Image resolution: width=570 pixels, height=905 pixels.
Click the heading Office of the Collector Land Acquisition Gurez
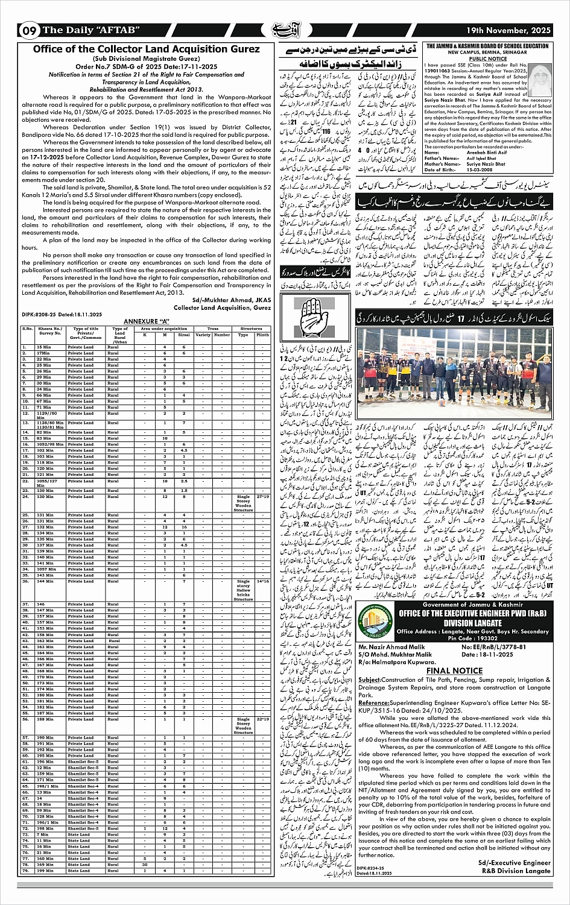click(x=147, y=49)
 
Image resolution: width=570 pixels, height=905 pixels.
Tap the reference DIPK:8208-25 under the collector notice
click(x=62, y=315)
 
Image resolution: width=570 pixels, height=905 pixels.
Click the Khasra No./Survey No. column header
click(x=51, y=331)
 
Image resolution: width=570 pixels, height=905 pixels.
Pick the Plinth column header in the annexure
click(x=262, y=334)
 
